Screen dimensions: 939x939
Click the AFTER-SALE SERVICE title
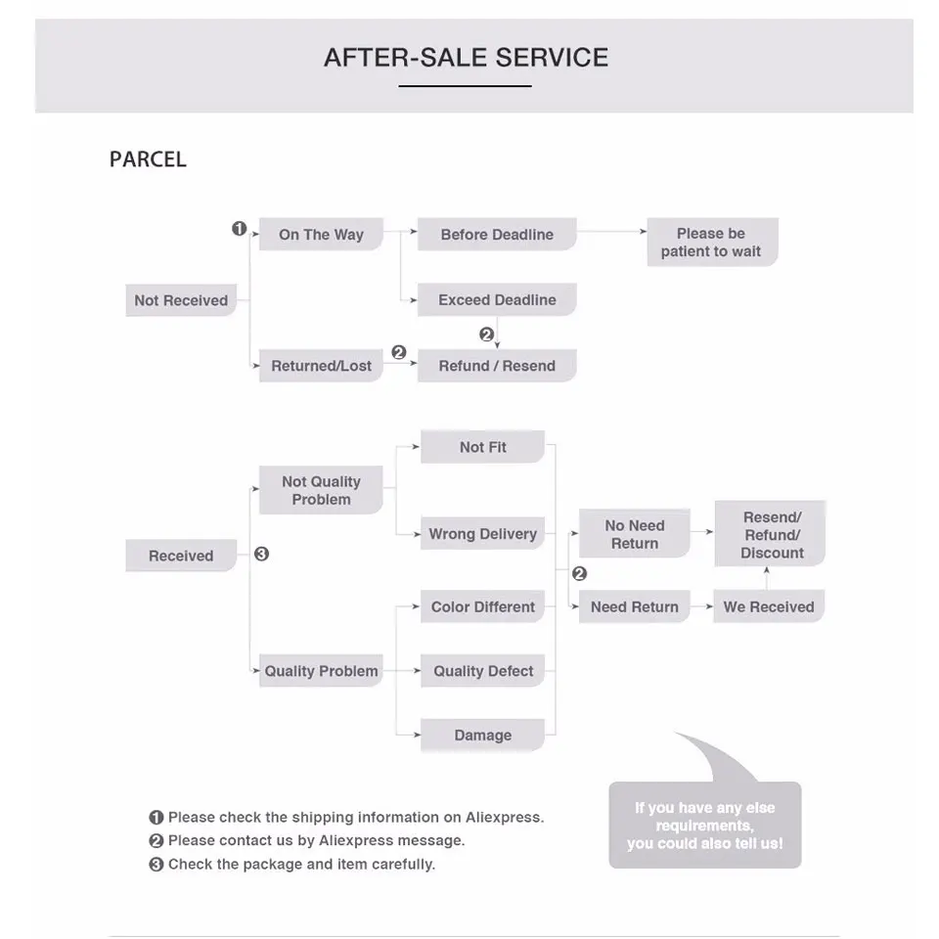pyautogui.click(x=466, y=58)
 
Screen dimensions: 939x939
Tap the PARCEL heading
pyautogui.click(x=148, y=159)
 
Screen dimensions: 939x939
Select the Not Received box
pyautogui.click(x=181, y=300)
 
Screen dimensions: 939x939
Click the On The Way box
pyautogui.click(x=321, y=235)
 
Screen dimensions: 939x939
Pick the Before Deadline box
pyautogui.click(x=497, y=235)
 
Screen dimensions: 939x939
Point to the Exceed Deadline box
pyautogui.click(x=497, y=300)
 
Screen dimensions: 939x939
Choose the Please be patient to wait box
pyautogui.click(x=711, y=243)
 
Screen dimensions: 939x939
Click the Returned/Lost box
pyautogui.click(x=321, y=366)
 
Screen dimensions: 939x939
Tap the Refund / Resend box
pyautogui.click(x=497, y=366)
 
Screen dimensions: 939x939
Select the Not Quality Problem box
pyautogui.click(x=321, y=490)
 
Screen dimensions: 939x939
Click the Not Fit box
pyautogui.click(x=482, y=447)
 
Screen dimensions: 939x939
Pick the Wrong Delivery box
pyautogui.click(x=482, y=534)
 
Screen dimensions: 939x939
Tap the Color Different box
pyautogui.click(x=482, y=606)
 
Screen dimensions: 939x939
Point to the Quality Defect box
pyautogui.click(x=482, y=671)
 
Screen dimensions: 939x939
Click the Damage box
pyautogui.click(x=482, y=736)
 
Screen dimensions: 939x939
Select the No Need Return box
pyautogui.click(x=635, y=534)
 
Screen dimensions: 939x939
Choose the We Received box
pyautogui.click(x=769, y=606)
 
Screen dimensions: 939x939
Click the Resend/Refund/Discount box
pyautogui.click(x=771, y=534)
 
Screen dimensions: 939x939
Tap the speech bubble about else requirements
pyautogui.click(x=705, y=826)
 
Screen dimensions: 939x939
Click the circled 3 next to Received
pyautogui.click(x=261, y=554)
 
